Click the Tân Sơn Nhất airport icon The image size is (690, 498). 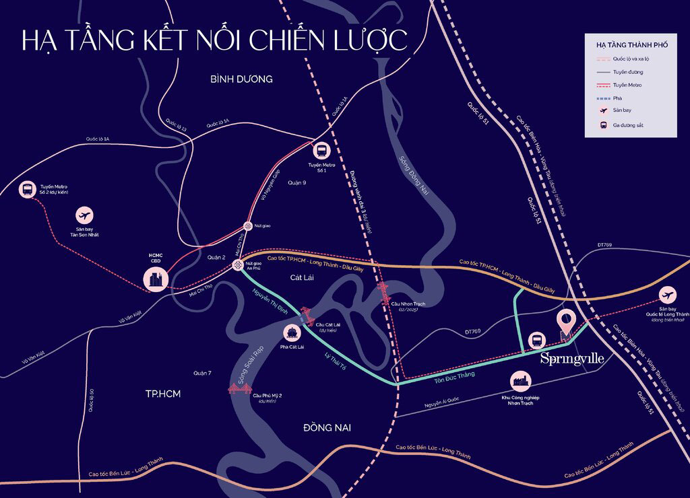pos(85,216)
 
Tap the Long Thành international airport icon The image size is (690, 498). pos(668,295)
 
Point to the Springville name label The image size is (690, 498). pos(572,359)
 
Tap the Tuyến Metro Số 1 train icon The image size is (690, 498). pos(321,151)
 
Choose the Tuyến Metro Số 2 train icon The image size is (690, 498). pos(28,190)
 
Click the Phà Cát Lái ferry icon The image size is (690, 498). pos(292,332)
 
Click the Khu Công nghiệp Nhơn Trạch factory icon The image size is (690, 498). pos(522,382)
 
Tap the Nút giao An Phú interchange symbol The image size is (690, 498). pos(238,265)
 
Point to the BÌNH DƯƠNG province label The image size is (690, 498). pos(241,79)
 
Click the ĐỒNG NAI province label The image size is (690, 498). pos(327,428)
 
